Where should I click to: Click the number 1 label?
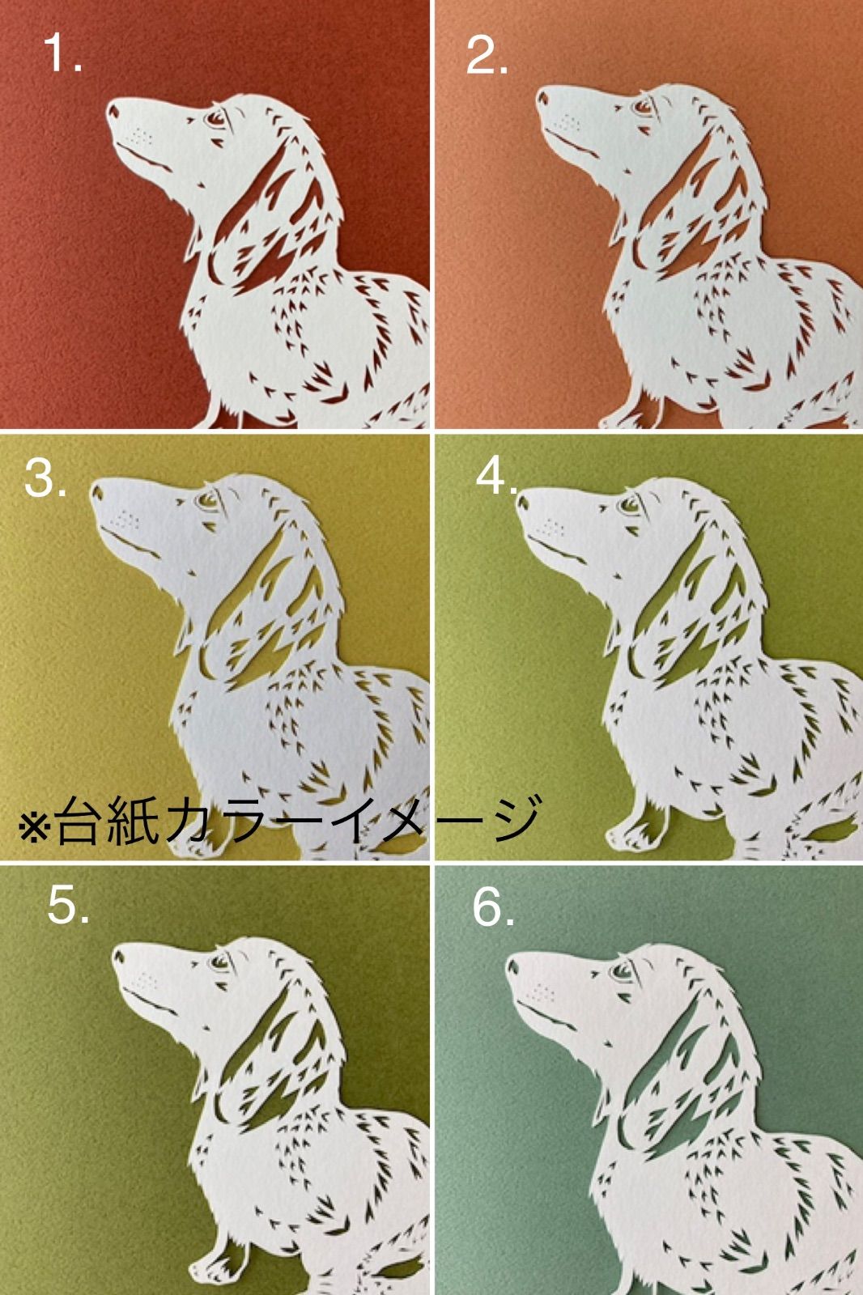pos(62,52)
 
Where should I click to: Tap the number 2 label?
pos(487,57)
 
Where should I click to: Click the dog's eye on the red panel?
pos(215,119)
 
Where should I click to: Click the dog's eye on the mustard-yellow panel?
pos(207,499)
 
